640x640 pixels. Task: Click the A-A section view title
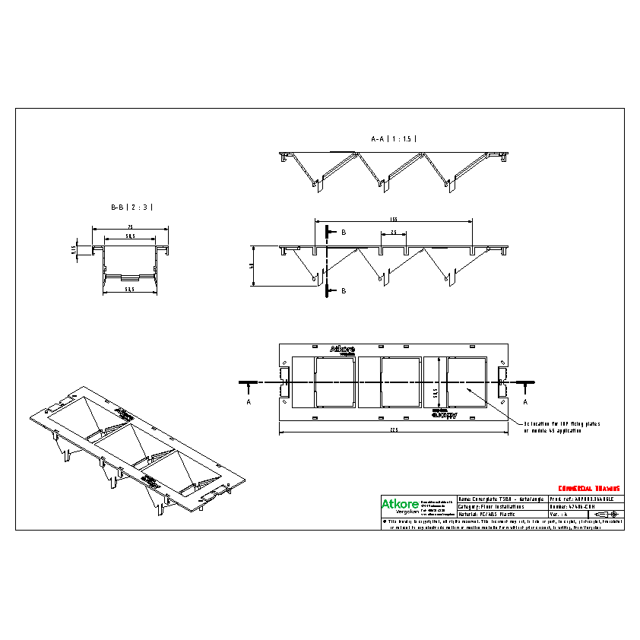pos(394,139)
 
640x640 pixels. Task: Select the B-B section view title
pos(132,207)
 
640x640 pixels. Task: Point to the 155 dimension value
pos(394,218)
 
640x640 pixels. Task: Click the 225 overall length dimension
pos(394,429)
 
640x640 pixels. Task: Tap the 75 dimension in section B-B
pos(130,227)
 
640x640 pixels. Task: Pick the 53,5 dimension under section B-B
pos(130,290)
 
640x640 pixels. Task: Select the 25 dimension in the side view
pos(394,232)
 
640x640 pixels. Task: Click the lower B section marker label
pos(343,290)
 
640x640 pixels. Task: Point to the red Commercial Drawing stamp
pos(589,488)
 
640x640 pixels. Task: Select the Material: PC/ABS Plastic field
pos(494,514)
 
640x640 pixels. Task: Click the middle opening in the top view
pos(401,382)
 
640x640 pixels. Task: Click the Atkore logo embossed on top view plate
pos(342,350)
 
